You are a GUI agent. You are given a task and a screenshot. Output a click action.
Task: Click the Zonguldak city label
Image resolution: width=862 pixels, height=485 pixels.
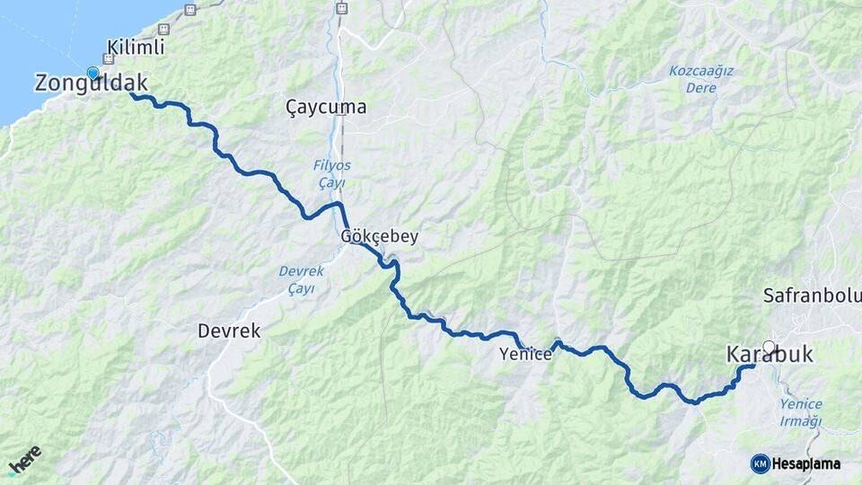(x=91, y=84)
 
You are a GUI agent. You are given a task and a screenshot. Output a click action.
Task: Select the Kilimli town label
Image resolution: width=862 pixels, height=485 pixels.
(x=136, y=47)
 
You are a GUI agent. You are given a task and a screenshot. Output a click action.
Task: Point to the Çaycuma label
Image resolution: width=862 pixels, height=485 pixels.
(x=326, y=107)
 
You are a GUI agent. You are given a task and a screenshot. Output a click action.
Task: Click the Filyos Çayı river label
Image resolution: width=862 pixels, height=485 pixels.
(x=331, y=174)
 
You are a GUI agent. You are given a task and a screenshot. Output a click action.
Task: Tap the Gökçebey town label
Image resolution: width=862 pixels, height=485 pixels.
(x=379, y=237)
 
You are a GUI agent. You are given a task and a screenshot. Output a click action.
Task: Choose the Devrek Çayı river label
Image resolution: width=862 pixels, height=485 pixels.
(x=295, y=279)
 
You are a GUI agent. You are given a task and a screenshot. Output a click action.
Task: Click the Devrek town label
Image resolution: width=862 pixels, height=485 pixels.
(x=229, y=331)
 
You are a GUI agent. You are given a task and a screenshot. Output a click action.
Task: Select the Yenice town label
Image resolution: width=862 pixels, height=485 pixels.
(x=525, y=355)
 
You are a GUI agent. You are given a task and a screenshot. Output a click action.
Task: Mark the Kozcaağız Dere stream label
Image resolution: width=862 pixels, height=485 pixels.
(x=701, y=79)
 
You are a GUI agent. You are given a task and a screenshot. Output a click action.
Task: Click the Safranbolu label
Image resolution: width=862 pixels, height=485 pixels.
(x=812, y=295)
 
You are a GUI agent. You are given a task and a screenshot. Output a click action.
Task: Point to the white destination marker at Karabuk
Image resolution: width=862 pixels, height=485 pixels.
(x=769, y=346)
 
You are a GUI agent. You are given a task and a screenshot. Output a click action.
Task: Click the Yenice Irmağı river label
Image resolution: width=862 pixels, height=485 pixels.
(x=801, y=413)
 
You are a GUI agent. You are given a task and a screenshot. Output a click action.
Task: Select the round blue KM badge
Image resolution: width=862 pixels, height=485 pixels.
(x=760, y=463)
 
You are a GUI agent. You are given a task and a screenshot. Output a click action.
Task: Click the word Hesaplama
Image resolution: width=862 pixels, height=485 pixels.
(x=806, y=463)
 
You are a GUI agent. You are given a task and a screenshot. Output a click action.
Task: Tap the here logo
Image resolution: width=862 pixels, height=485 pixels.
(x=25, y=460)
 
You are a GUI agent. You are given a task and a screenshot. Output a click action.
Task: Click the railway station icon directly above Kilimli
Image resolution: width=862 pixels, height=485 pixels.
(x=189, y=10)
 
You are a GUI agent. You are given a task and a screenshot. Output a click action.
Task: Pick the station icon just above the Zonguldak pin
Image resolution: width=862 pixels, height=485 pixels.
(x=109, y=59)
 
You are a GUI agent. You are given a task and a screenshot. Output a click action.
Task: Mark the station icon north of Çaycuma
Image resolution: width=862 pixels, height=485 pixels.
(x=340, y=8)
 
